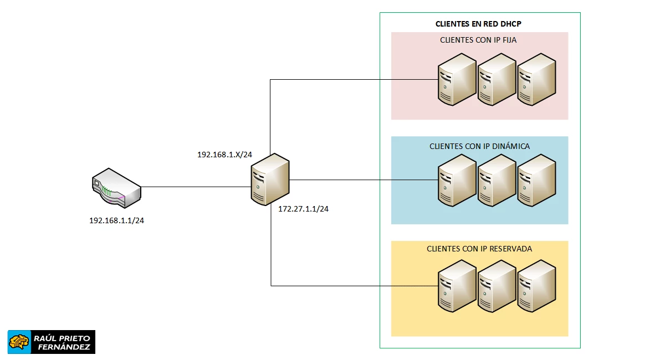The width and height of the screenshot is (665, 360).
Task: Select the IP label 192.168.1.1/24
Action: pos(117,220)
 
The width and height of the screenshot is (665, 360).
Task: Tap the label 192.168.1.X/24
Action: pos(224,155)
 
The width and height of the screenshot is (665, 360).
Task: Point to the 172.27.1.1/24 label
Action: pos(303,209)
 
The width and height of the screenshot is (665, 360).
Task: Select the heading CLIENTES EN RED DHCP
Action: pos(479,24)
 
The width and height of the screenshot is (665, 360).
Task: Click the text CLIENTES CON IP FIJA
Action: pos(479,40)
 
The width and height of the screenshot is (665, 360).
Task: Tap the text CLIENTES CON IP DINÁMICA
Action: pos(479,146)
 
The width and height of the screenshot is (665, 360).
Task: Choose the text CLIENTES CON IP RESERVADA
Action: pos(479,249)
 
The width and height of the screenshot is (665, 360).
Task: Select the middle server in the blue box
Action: pos(497,181)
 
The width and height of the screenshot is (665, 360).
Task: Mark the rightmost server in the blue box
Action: pos(536,181)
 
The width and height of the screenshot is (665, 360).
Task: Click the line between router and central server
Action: pos(194,187)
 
